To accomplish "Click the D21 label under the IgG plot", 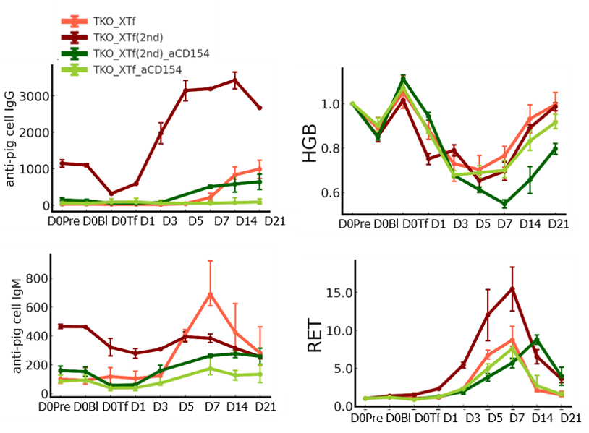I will (x=274, y=220).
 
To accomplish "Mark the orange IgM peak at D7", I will (x=211, y=293).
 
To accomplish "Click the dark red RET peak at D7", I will (x=512, y=288).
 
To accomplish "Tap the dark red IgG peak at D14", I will (x=234, y=80).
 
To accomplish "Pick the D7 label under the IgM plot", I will (x=211, y=406).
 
